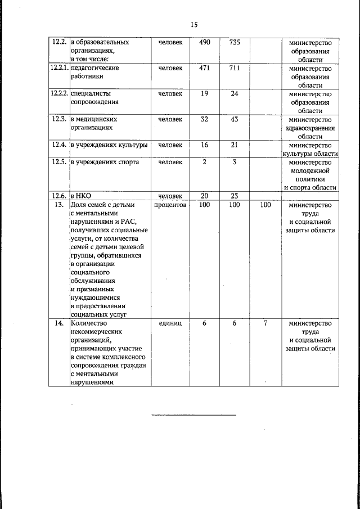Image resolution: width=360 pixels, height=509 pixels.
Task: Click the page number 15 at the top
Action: click(x=194, y=24)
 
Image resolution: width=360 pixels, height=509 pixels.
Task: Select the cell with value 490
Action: click(x=204, y=42)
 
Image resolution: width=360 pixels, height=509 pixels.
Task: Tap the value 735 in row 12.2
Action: click(x=235, y=42)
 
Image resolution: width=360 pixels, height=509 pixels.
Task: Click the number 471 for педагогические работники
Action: click(x=204, y=68)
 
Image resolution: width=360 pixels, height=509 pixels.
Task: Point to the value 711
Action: click(x=235, y=68)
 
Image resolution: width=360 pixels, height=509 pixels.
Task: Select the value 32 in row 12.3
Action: click(x=204, y=119)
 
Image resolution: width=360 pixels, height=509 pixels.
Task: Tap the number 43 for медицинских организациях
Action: click(x=235, y=119)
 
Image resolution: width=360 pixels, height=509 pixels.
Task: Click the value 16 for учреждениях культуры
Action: click(x=204, y=145)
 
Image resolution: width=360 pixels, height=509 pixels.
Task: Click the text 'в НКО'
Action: click(x=80, y=196)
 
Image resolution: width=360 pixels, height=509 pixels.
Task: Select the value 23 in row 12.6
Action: click(x=235, y=196)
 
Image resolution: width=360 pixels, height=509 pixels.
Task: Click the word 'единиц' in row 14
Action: click(x=170, y=323)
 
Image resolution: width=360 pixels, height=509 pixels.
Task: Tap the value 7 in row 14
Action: click(x=265, y=323)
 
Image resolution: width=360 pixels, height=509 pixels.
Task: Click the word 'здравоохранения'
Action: click(x=310, y=128)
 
